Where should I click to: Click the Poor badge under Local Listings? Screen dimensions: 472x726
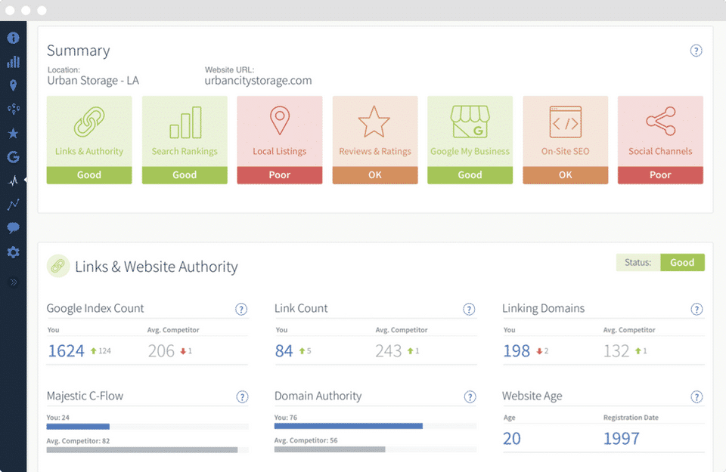(x=280, y=174)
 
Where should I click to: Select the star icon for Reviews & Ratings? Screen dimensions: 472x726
(x=375, y=122)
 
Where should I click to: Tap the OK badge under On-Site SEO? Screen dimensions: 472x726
(x=566, y=174)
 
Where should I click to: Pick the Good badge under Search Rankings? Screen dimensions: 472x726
(x=185, y=174)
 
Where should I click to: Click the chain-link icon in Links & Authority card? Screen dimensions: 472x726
(x=89, y=122)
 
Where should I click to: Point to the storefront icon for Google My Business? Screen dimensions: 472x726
(x=470, y=122)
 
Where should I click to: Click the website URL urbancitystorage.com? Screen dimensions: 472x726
(x=258, y=81)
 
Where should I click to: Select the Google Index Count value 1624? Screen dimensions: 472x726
(x=66, y=350)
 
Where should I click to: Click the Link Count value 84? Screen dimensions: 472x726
(x=284, y=350)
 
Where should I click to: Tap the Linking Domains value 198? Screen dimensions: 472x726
(x=517, y=350)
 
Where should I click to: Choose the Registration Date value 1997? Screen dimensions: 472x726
(x=621, y=438)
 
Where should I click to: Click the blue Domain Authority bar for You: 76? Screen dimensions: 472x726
(x=348, y=426)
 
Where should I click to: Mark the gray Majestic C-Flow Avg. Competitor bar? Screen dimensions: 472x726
(x=142, y=449)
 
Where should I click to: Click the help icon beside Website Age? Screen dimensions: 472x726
(x=697, y=396)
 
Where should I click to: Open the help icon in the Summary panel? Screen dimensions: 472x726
(x=697, y=51)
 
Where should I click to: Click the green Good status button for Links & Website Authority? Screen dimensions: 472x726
(x=682, y=262)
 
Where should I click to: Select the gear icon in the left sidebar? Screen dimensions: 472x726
(x=13, y=252)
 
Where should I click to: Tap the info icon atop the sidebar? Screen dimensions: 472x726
(x=13, y=38)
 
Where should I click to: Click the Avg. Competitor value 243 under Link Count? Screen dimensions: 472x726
(x=389, y=350)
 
